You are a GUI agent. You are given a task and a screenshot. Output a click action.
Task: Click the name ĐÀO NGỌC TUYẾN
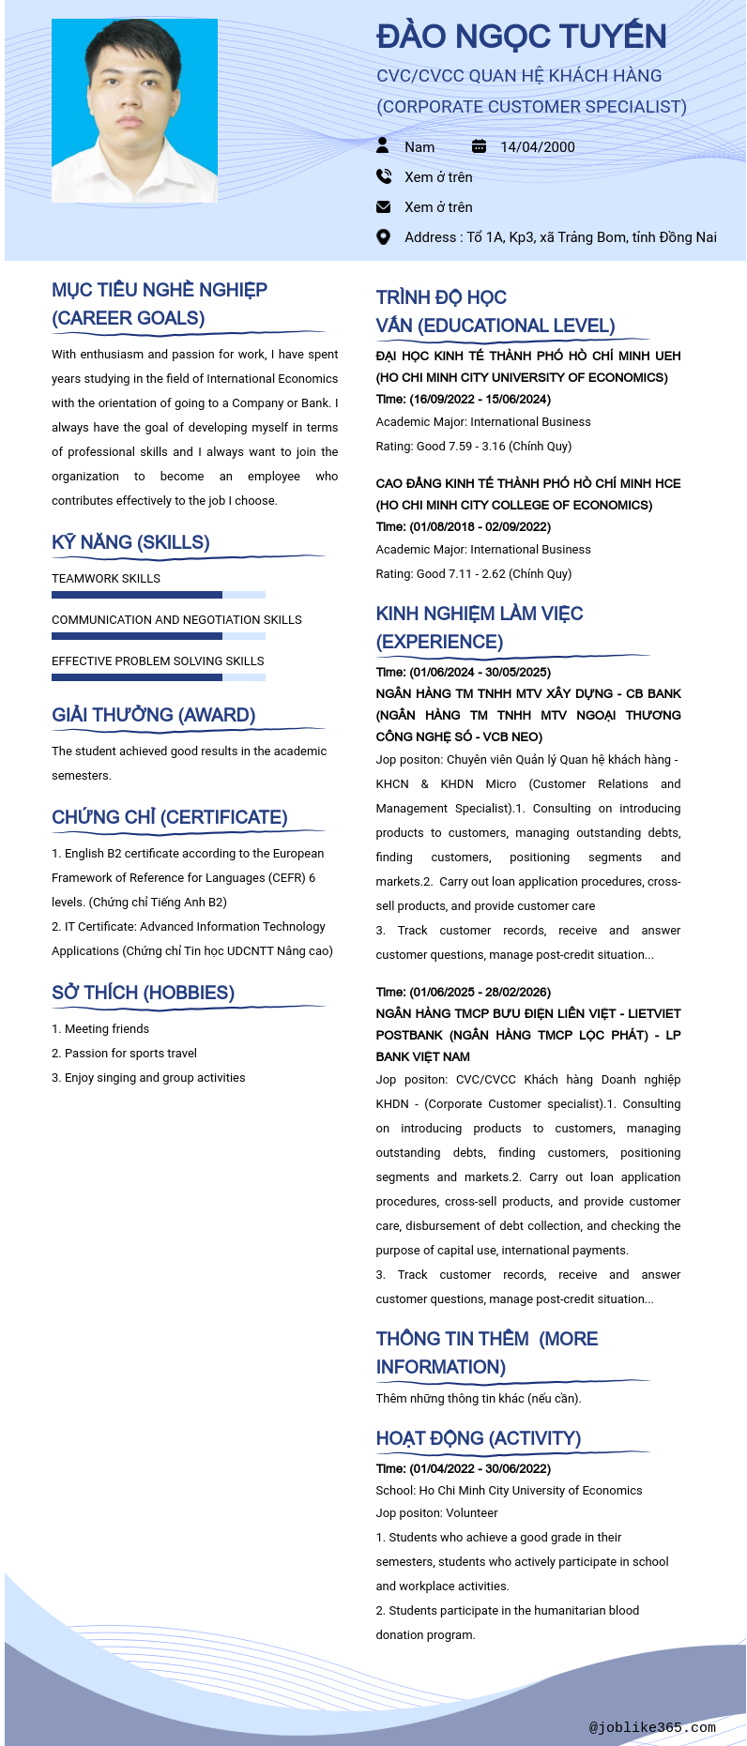pyautogui.click(x=521, y=37)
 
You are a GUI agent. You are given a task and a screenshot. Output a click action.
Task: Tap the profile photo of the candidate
pyautogui.click(x=134, y=110)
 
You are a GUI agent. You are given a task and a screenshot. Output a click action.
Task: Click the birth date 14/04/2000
pyautogui.click(x=537, y=146)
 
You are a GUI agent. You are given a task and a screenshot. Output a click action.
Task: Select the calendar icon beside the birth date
pyautogui.click(x=479, y=146)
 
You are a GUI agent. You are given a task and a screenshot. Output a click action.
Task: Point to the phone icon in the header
pyautogui.click(x=383, y=176)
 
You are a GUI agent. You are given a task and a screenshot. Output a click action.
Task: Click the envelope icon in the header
pyautogui.click(x=383, y=206)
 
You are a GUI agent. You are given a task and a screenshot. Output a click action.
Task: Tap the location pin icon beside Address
pyautogui.click(x=383, y=237)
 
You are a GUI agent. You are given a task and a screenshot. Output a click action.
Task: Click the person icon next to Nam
pyautogui.click(x=383, y=145)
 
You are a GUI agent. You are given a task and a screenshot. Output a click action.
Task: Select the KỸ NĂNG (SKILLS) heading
pyautogui.click(x=130, y=542)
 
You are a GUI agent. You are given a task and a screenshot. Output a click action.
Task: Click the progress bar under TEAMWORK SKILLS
pyautogui.click(x=158, y=595)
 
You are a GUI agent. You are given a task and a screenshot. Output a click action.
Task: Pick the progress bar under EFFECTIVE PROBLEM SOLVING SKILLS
pyautogui.click(x=158, y=677)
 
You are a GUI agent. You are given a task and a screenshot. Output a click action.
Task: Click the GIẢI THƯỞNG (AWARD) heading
pyautogui.click(x=153, y=715)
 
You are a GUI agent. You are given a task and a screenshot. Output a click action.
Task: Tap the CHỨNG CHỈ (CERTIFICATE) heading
pyautogui.click(x=169, y=817)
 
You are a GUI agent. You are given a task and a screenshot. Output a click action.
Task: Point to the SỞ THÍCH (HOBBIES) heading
pyautogui.click(x=143, y=993)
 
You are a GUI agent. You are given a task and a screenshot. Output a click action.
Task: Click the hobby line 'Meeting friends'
pyautogui.click(x=100, y=1029)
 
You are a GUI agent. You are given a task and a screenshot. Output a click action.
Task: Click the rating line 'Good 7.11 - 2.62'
pyautogui.click(x=473, y=574)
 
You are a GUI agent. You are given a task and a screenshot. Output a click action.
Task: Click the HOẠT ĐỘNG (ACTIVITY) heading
pyautogui.click(x=478, y=1438)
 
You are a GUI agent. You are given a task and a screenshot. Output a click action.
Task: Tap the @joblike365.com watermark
pyautogui.click(x=652, y=1727)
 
